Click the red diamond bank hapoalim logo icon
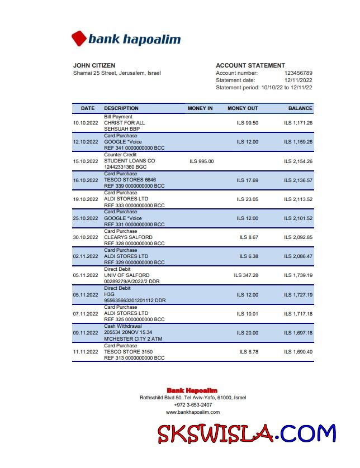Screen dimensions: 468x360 (x=79, y=39)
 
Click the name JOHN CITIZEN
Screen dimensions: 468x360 (x=94, y=65)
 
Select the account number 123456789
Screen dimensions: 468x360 (x=298, y=73)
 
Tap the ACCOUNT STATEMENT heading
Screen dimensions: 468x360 (x=250, y=65)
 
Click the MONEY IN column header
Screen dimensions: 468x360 (x=200, y=108)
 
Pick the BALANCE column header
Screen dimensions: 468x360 (x=300, y=108)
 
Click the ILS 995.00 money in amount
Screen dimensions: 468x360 (x=201, y=161)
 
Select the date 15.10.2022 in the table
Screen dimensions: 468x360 (x=86, y=161)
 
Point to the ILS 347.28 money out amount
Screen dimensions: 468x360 (x=246, y=275)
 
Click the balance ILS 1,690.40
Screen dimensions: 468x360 (x=298, y=352)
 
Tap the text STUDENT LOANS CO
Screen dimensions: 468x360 (x=130, y=161)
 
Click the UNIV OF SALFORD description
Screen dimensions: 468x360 (x=127, y=275)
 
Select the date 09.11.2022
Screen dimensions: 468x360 (x=86, y=333)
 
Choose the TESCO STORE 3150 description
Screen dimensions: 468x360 (x=128, y=352)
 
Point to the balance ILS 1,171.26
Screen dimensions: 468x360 (x=298, y=123)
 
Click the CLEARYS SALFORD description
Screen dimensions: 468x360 (x=128, y=237)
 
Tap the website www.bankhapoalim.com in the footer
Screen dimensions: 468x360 (x=192, y=412)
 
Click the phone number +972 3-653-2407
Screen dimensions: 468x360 (x=192, y=405)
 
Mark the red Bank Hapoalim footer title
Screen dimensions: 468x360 (x=192, y=390)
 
